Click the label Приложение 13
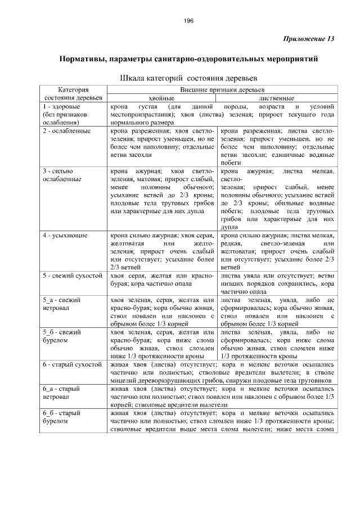306,39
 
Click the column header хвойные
161,98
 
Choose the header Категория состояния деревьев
73,93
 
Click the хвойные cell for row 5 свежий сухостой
162,280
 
